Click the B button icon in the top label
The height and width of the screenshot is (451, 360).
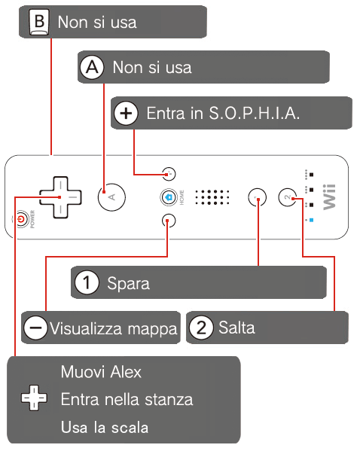pos(39,22)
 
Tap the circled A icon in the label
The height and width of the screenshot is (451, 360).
pos(92,68)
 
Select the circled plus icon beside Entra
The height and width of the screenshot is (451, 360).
pos(126,113)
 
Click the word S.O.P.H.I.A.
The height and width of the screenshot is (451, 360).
pos(254,113)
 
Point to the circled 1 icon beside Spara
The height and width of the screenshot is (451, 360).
pos(87,282)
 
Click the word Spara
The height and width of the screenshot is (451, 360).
pos(128,284)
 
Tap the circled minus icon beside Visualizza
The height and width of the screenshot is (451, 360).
pos(35,328)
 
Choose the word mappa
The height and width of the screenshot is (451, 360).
pos(153,330)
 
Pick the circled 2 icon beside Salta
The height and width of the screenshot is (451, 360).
pos(201,328)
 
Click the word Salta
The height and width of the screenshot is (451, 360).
pos(236,328)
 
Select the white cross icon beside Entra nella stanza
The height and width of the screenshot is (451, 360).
pos(34,398)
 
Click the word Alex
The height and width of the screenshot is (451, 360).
pos(126,372)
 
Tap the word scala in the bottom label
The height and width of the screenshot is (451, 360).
pos(130,427)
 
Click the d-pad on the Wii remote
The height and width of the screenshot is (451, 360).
pos(60,197)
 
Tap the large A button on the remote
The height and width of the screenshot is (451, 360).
pos(111,197)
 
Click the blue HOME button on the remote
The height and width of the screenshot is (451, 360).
pos(169,197)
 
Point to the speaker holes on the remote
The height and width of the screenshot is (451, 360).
pos(212,197)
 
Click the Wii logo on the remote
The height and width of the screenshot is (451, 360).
pos(329,197)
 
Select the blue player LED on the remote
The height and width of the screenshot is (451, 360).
pos(311,221)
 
